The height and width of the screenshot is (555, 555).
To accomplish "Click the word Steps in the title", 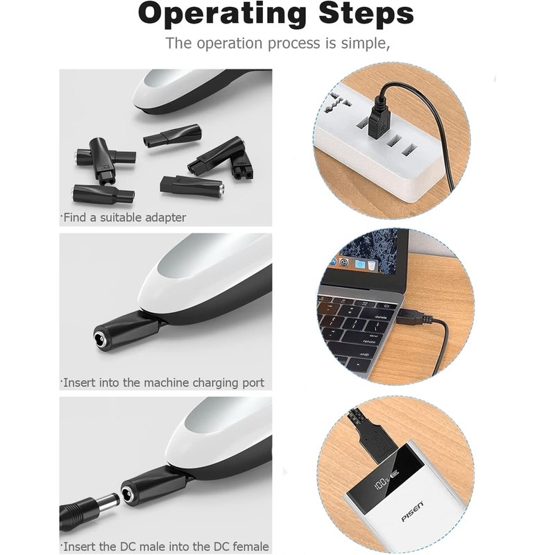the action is point(366,13).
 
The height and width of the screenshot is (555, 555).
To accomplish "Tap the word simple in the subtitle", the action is point(366,43).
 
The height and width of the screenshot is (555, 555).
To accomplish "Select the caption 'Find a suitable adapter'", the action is point(124,217).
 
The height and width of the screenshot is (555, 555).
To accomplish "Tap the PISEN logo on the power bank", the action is point(412,511).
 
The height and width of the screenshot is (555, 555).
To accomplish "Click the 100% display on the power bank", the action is point(383,482).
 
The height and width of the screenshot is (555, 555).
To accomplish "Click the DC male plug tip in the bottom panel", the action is point(108,502).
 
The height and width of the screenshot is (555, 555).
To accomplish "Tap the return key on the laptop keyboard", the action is point(369,342).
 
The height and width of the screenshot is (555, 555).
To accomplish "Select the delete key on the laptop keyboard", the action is point(380,317).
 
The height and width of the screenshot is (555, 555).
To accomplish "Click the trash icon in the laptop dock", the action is point(371,266).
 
